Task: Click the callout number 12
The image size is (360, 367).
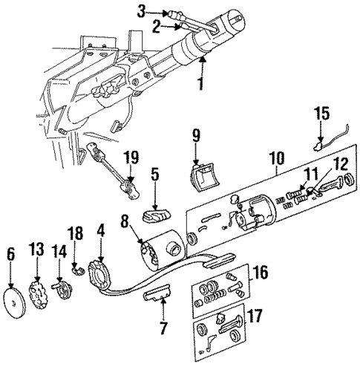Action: (x=320, y=184)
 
